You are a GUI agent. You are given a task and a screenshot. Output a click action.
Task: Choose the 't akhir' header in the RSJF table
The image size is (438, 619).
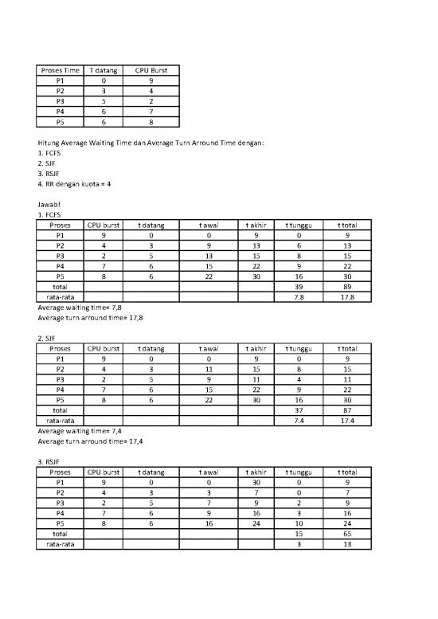(256, 472)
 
